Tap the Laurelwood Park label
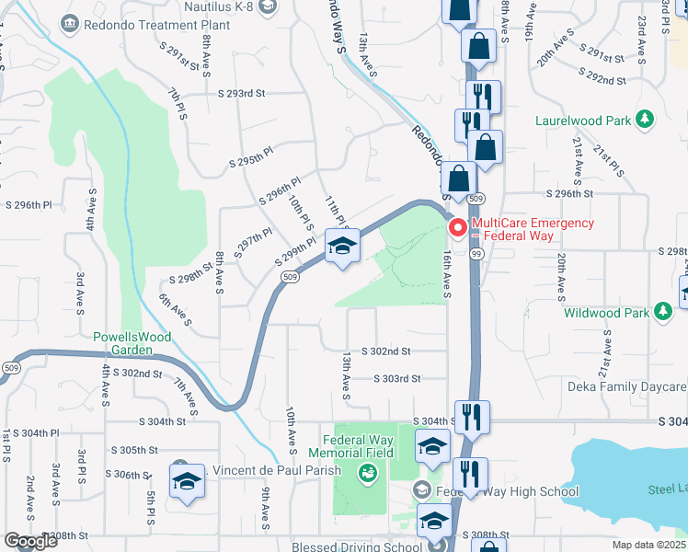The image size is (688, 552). (583, 121)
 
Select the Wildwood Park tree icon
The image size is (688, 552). (662, 313)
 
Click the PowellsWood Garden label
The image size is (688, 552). (132, 343)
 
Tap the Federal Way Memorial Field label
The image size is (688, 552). (358, 446)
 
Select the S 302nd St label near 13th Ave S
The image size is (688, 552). (385, 351)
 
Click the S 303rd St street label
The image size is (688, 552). (396, 378)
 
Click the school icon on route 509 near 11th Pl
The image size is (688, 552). (341, 247)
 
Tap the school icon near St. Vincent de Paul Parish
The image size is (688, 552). (187, 481)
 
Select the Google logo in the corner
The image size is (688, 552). (29, 542)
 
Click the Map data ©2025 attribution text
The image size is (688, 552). (649, 545)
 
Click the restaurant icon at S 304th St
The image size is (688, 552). (470, 416)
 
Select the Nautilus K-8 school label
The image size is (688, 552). (217, 6)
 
